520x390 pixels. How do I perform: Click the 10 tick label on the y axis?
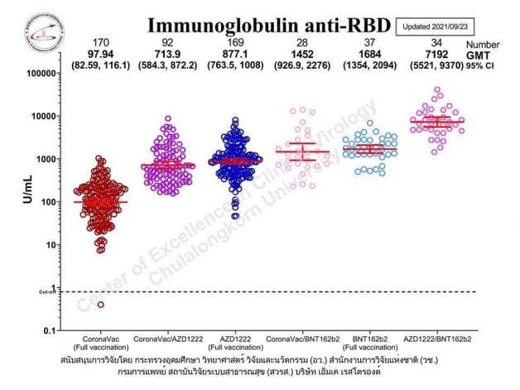[x=51, y=245]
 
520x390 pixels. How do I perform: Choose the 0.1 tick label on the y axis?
[x=49, y=331]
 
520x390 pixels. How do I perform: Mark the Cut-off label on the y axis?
[x=47, y=291]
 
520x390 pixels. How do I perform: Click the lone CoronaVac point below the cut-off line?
[x=101, y=305]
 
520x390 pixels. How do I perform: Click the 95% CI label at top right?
[x=484, y=65]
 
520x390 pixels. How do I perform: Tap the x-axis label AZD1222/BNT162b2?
[x=436, y=339]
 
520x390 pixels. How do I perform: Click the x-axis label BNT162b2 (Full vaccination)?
[x=368, y=344]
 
